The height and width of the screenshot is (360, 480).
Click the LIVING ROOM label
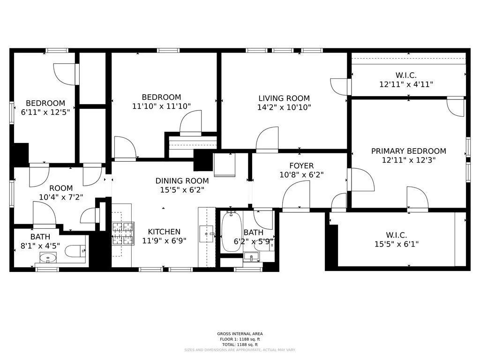point(284,98)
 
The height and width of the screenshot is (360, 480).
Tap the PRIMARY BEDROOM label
point(408,151)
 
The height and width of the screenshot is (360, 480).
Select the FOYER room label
point(301,166)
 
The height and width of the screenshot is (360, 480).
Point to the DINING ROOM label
point(182,181)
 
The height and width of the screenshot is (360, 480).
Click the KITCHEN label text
point(164,232)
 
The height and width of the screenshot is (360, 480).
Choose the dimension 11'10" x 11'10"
point(161,106)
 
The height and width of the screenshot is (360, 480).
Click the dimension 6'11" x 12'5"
point(45,112)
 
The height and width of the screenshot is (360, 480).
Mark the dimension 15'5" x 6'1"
point(396,244)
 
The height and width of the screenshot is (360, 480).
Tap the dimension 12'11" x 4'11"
point(406,84)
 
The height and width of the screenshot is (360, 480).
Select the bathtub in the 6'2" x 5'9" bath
point(230,232)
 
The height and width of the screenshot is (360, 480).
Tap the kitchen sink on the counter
point(207,233)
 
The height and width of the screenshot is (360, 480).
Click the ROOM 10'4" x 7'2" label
point(61,193)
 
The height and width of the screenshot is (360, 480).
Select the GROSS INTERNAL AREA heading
point(240,334)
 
